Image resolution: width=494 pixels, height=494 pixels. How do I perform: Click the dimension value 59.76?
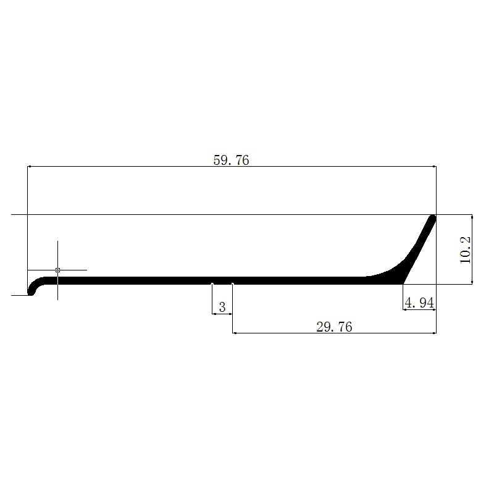tap(231, 160)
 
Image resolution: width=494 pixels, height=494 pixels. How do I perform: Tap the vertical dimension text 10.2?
tap(466, 250)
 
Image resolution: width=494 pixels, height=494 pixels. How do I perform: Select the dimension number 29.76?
tap(334, 327)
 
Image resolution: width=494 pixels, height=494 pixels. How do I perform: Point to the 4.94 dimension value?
tap(419, 303)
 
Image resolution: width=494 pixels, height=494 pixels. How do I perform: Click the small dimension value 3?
tap(222, 307)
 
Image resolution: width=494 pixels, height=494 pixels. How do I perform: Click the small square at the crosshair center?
tap(57, 270)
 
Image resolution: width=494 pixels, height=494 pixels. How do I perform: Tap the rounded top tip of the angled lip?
tap(433, 218)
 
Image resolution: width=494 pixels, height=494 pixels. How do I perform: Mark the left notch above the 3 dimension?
tap(212, 284)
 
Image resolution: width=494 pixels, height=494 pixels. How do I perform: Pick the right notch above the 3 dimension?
tap(233, 284)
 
